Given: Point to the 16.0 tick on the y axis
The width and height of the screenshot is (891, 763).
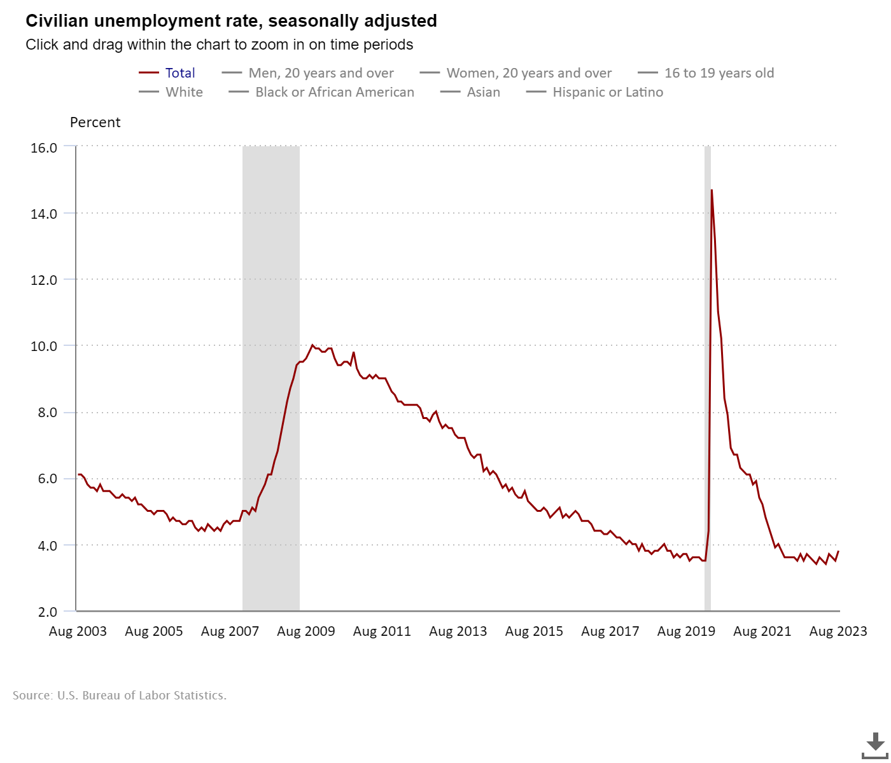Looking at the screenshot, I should pos(44,148).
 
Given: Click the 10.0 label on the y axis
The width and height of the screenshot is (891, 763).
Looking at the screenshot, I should pos(44,347).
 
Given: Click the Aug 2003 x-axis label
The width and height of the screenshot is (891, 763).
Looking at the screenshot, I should pos(78,631).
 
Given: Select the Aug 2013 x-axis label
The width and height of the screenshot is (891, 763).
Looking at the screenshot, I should pos(458,631).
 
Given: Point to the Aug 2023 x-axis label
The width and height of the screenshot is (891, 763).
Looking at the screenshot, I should pos(838,631).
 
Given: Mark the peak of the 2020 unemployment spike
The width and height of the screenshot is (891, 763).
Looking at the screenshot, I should pos(712,190).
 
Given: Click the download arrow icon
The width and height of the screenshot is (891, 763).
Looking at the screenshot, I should pos(875,744).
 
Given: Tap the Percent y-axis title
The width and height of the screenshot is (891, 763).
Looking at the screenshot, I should pos(95,123).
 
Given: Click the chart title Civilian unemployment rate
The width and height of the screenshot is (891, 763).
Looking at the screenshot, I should pos(231,21).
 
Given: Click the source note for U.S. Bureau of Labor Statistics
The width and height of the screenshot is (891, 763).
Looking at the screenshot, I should pos(120,696).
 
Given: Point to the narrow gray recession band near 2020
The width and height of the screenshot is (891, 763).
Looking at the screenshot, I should pos(707,381).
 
